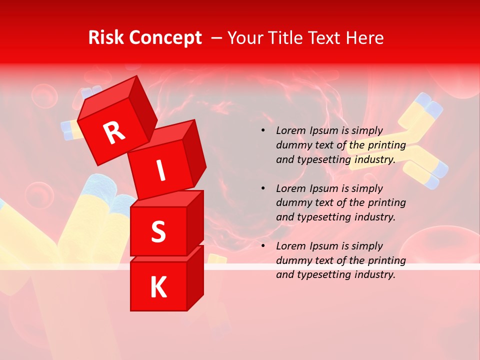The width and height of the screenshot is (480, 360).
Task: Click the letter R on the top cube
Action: coord(114,133)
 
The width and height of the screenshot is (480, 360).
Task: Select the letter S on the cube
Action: coord(158,232)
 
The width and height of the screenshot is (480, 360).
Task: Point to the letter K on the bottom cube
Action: coord(158,287)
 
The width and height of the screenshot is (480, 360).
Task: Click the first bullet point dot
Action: coord(263,131)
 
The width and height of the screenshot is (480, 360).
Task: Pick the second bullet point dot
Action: coord(263,189)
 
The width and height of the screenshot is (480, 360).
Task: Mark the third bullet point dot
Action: coord(263,246)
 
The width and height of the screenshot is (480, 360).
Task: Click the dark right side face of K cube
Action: coord(195,277)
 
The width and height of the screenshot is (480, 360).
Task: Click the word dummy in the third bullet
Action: coord(293,260)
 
